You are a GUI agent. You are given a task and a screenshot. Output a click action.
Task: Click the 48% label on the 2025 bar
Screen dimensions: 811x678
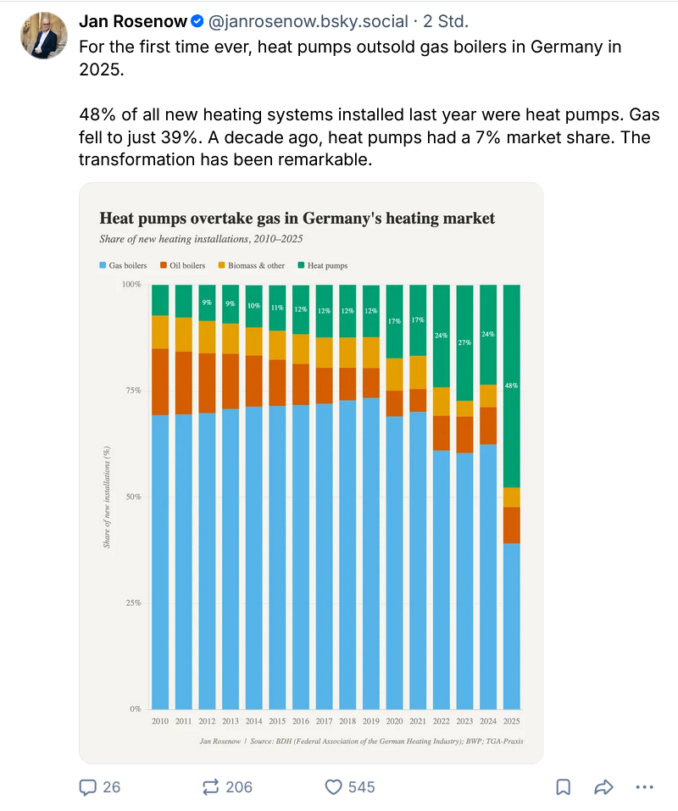[511, 386]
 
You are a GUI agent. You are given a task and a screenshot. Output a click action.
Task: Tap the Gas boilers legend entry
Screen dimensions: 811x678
[123, 265]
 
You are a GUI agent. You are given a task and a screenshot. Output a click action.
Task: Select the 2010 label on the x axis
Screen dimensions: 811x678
[160, 720]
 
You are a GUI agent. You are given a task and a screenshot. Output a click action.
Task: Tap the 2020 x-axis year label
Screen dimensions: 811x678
[394, 720]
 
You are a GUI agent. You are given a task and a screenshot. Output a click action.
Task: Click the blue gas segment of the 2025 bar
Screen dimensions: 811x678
[511, 627]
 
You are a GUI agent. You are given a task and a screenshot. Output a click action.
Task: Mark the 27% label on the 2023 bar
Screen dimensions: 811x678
[464, 343]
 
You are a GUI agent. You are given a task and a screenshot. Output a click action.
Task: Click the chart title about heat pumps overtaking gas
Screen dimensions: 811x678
[297, 219]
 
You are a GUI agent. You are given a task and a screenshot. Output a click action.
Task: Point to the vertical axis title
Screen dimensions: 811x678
[108, 497]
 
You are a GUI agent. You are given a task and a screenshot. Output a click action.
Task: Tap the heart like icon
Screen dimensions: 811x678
[334, 787]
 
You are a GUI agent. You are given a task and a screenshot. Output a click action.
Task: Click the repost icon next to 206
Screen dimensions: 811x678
[211, 787]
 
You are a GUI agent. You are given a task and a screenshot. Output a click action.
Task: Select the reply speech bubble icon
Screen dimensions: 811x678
[87, 787]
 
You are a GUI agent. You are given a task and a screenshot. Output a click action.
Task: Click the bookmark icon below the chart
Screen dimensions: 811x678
[563, 787]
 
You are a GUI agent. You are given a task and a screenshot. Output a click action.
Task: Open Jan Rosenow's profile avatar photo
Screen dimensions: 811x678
[44, 36]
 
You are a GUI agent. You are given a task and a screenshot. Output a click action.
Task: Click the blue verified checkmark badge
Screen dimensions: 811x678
[197, 20]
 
